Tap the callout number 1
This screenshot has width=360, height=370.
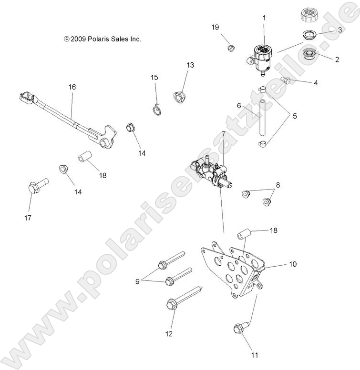pyautogui.click(x=264, y=18)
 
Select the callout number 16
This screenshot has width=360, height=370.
pyautogui.click(x=72, y=87)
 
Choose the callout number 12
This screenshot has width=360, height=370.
pyautogui.click(x=169, y=334)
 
